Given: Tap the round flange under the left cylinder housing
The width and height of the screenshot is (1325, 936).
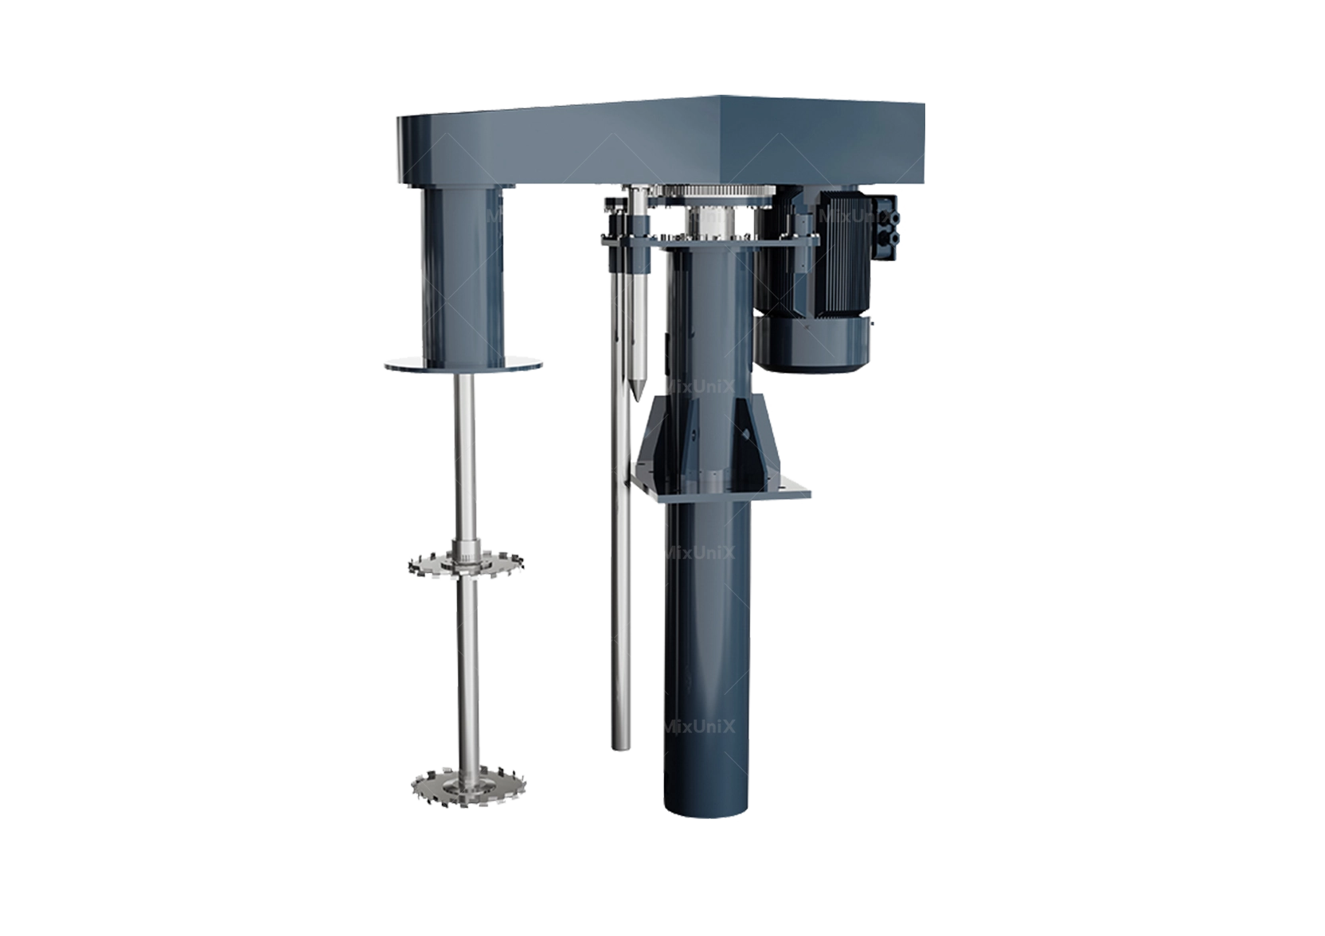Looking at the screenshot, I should pos(463,366).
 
